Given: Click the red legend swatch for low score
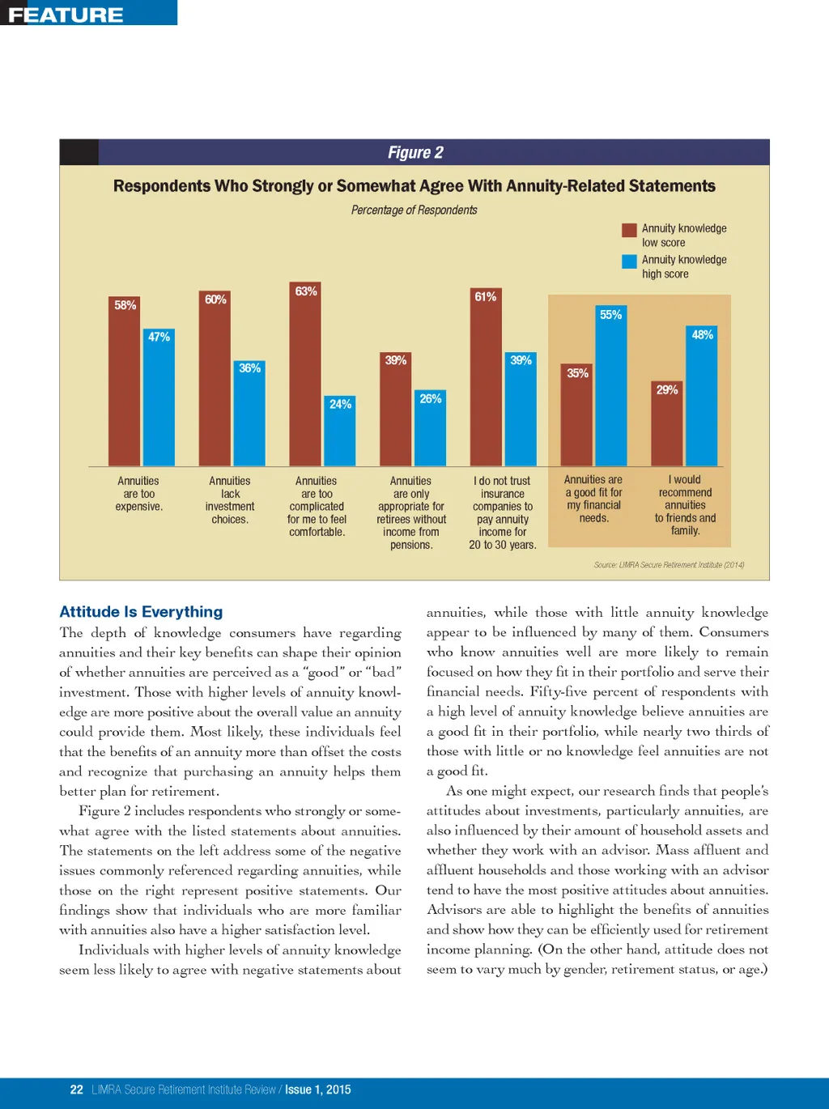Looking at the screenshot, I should coord(629,230).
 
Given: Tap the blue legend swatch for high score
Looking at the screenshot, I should coord(629,261).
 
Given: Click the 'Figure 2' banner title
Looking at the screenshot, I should coord(415,152).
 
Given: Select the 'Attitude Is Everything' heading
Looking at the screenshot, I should coord(141,612).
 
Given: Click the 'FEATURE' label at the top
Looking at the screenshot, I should coord(66,15).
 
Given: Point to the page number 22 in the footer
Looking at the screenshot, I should coord(77,1090).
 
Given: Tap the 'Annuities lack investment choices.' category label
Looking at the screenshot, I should coord(230,500).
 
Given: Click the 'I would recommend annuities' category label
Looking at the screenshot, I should coord(685,505).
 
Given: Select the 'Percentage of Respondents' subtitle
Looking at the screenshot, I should coord(414,210).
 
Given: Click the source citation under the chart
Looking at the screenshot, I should coord(669,565).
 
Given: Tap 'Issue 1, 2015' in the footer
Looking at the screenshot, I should coord(317,1090).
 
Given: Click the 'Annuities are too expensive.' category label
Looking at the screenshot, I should coord(138,494).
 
